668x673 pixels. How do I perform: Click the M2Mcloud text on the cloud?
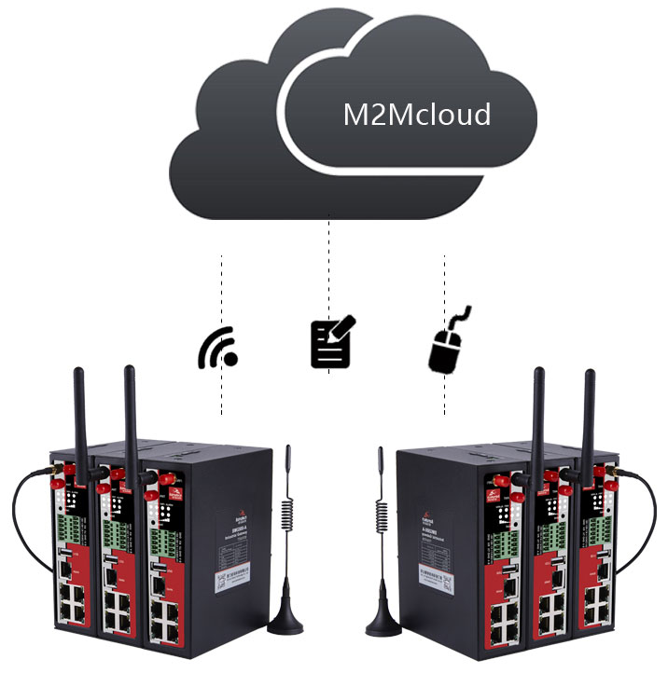[416, 115]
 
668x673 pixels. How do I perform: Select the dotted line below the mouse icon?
[444, 396]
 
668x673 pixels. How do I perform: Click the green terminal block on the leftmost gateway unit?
[68, 523]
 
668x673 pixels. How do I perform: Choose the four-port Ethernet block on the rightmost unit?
[596, 605]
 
